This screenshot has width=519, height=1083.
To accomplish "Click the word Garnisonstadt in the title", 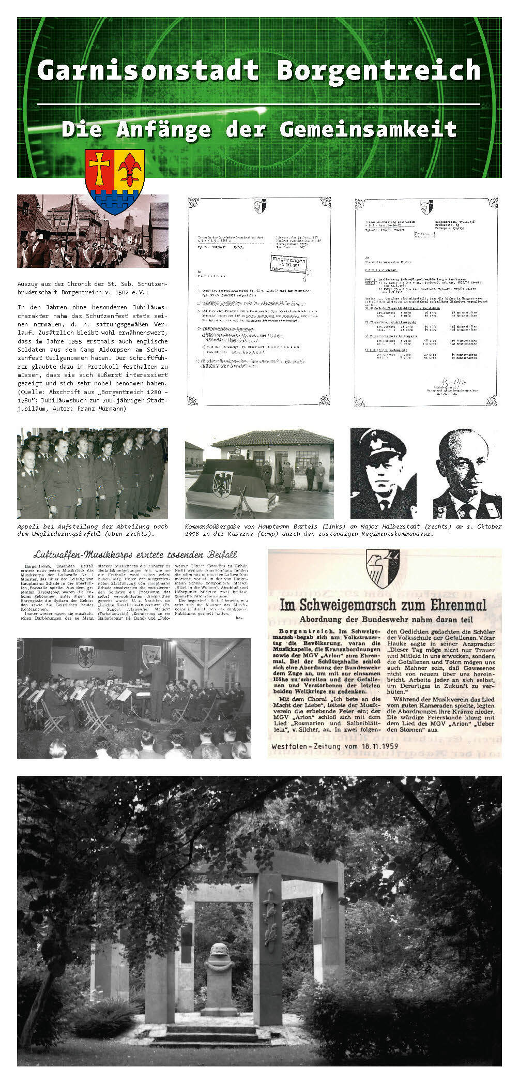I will point(147,71).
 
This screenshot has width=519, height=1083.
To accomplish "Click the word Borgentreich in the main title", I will point(379,71).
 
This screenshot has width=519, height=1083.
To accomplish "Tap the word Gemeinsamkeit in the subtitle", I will point(368,129).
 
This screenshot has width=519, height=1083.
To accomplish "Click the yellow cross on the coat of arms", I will point(99,168).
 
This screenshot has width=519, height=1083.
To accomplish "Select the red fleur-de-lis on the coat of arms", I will point(129,169).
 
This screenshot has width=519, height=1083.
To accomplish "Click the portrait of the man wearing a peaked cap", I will point(383,473).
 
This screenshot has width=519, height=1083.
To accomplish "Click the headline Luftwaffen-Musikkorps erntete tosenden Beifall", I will point(135,554).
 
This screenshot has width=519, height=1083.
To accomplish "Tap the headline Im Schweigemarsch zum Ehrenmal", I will point(383,605).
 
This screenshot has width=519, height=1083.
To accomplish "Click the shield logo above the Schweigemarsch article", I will point(383,568).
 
